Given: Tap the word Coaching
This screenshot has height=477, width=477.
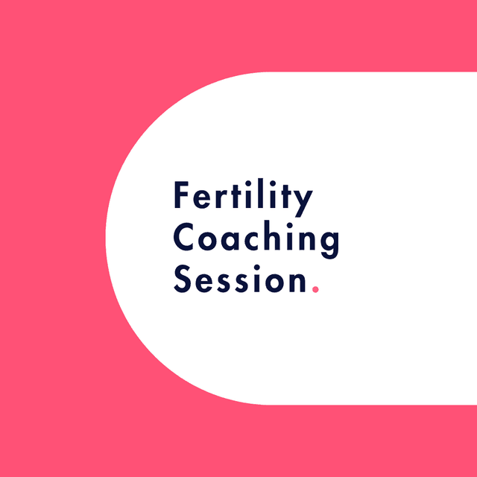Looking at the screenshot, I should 256,240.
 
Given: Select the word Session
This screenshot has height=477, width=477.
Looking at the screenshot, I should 241,280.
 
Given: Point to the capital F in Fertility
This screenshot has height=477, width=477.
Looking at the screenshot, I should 182,196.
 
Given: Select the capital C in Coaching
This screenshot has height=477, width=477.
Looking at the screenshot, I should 186,239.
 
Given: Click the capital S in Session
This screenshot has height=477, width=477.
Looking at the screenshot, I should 183,280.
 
